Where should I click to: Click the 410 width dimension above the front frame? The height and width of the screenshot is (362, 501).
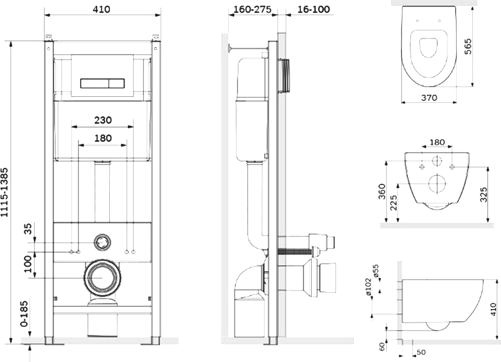click(x=102, y=9)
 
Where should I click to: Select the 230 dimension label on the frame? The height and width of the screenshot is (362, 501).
click(x=103, y=120)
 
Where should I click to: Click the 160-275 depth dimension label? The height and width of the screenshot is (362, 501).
click(x=253, y=9)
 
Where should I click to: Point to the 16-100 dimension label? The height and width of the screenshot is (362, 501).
click(x=313, y=9)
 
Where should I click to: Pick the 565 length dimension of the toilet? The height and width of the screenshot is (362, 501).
click(x=467, y=47)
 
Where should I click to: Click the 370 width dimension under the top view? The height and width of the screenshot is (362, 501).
click(x=429, y=97)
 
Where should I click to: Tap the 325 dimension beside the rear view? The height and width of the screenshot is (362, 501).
click(x=484, y=195)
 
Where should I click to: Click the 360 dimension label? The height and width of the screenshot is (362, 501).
click(x=382, y=192)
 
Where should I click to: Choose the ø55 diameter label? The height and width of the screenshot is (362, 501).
click(x=375, y=271)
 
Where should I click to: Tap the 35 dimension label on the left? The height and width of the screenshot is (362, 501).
click(x=29, y=229)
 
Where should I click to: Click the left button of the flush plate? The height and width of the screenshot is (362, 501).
click(x=95, y=83)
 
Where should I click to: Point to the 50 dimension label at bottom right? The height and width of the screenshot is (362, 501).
click(x=421, y=352)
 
